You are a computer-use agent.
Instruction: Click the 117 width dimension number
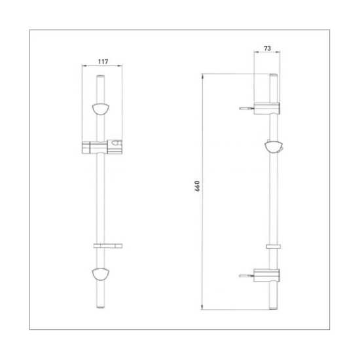pyautogui.click(x=103, y=62)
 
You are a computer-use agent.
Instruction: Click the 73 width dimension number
pyautogui.click(x=268, y=48)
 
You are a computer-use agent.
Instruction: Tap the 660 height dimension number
pyautogui.click(x=197, y=186)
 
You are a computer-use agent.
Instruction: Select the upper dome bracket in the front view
pyautogui.click(x=101, y=109)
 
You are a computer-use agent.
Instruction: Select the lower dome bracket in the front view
pyautogui.click(x=101, y=274)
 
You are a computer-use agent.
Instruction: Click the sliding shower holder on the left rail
pyautogui.click(x=102, y=147)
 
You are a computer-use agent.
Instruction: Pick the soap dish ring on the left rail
pyautogui.click(x=108, y=246)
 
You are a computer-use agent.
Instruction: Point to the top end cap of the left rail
pyautogui.click(x=101, y=76)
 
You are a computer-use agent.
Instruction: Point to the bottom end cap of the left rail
pyautogui.click(x=101, y=307)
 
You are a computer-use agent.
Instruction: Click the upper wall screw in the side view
pyautogui.click(x=246, y=109)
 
